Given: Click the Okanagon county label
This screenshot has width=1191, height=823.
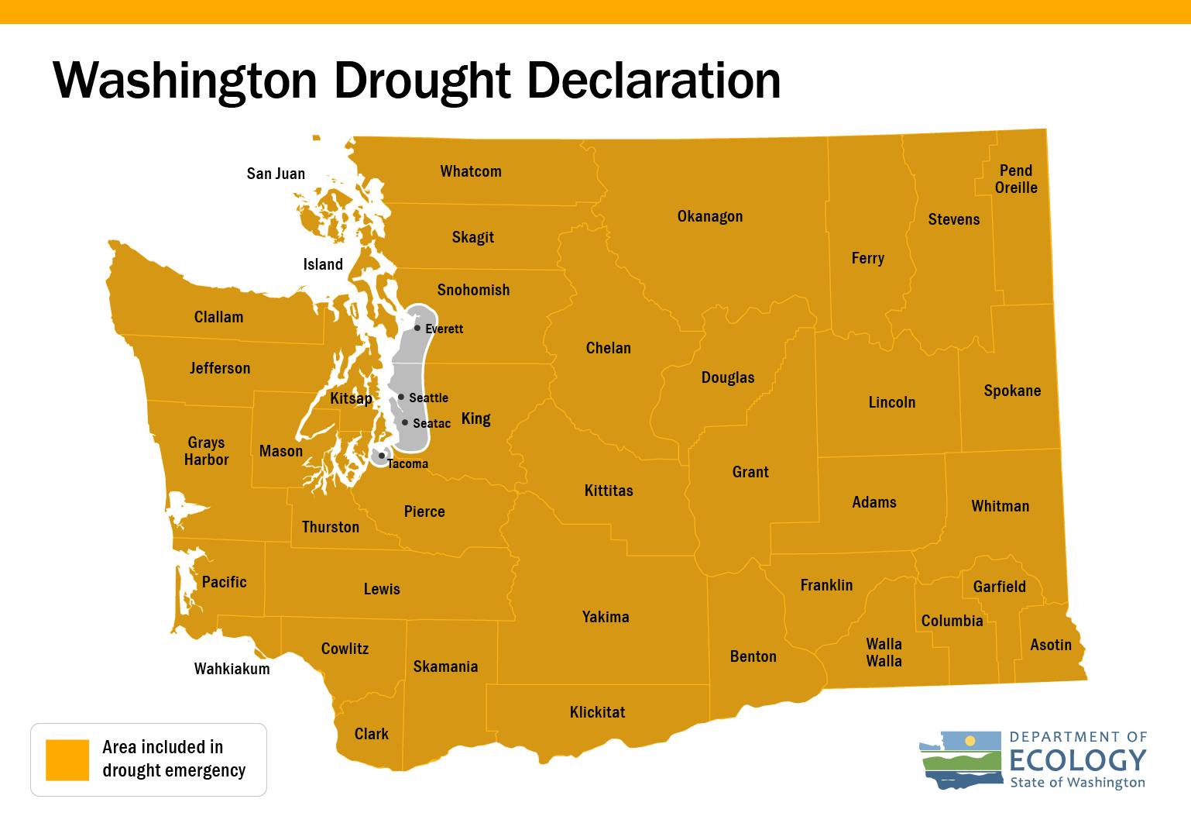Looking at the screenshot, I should [709, 216].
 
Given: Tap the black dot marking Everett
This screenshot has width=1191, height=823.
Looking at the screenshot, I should [417, 328].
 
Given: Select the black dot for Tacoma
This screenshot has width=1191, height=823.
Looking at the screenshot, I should [381, 456].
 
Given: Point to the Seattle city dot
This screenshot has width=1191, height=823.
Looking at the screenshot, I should [401, 397].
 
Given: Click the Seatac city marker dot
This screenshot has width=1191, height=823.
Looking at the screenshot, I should [405, 422].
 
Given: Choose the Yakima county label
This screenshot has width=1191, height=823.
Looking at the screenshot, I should [606, 617].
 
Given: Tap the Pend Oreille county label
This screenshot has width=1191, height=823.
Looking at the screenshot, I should [1015, 179].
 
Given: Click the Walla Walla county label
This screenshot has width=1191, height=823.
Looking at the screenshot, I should [884, 653].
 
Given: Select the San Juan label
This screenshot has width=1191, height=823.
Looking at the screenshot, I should [276, 174].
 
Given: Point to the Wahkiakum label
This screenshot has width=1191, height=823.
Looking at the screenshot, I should [232, 669].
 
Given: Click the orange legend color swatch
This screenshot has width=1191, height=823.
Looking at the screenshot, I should [67, 759].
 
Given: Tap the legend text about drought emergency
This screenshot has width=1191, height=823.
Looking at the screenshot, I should [173, 759].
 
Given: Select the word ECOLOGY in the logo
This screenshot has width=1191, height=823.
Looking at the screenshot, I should [1078, 759].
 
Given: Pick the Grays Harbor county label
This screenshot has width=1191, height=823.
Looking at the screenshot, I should [206, 451].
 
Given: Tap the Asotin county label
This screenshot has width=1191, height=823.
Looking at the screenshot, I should [1051, 645].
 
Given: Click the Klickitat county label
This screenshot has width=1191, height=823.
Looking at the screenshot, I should [597, 712].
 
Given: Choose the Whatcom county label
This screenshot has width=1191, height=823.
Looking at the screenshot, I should [471, 171].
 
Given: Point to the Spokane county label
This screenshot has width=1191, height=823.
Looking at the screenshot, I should [1012, 391].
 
